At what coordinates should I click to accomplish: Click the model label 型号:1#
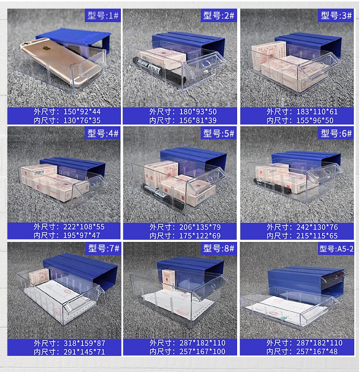click(103, 16)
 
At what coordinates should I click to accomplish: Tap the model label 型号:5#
click(218, 133)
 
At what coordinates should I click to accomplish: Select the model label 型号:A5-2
click(336, 249)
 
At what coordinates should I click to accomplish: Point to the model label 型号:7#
click(104, 248)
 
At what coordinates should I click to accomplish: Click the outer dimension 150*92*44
click(82, 111)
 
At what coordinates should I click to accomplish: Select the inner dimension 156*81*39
click(198, 120)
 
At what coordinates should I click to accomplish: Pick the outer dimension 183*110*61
click(317, 111)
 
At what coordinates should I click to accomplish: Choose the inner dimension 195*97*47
click(82, 235)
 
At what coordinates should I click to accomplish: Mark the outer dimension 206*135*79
click(200, 227)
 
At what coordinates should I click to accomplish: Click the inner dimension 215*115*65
click(317, 236)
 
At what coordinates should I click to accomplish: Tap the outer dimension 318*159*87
click(84, 343)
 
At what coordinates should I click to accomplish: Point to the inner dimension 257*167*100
click(202, 351)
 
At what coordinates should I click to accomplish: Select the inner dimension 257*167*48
click(317, 351)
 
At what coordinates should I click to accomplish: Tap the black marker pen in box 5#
click(163, 196)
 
